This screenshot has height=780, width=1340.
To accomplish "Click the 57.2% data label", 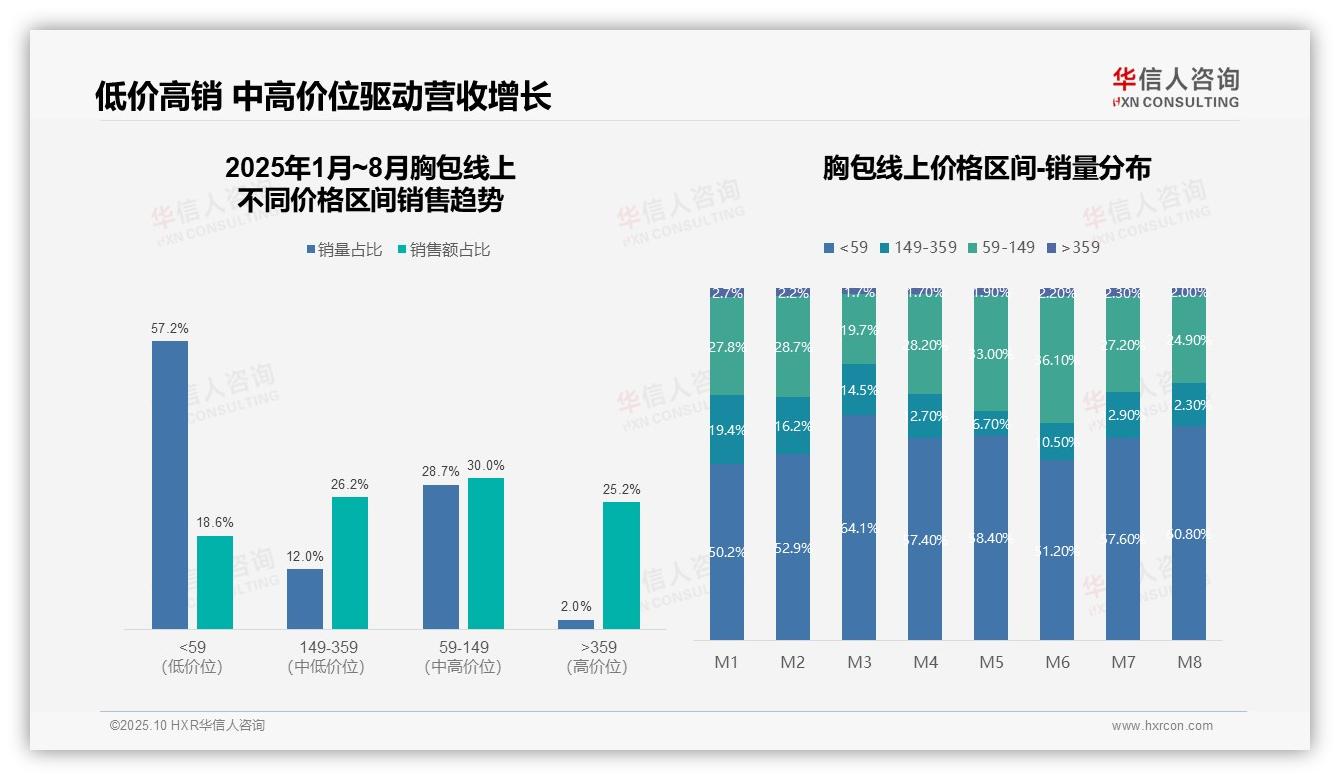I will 169,328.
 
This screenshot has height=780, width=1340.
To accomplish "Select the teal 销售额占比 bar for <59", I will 214,582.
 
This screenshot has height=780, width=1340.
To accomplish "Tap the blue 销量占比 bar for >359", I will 575,624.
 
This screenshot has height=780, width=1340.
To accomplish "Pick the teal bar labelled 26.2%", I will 349,562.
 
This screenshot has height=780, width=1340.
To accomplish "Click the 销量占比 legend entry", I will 345,250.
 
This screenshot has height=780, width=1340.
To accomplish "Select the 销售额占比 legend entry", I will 444,250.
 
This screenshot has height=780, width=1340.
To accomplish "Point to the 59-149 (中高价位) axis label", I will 463,657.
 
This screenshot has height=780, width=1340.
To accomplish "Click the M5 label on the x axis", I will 991,662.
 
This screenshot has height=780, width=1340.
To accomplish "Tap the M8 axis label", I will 1189,662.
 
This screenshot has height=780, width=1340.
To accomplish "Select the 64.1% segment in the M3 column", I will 859,527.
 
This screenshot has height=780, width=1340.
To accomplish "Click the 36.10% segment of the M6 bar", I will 1057,361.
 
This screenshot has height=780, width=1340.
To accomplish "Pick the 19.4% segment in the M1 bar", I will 727,429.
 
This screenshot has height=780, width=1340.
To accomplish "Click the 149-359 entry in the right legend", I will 918,247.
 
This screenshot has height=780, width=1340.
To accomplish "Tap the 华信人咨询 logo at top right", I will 1175,87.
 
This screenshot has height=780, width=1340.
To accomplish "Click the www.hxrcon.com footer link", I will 1162,726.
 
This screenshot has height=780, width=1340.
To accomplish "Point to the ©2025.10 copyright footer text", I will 187,726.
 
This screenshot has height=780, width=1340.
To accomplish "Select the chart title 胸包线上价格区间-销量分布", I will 986,168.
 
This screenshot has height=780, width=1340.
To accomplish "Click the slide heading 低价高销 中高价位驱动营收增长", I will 322,97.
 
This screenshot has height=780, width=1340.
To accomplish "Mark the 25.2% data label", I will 620,489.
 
